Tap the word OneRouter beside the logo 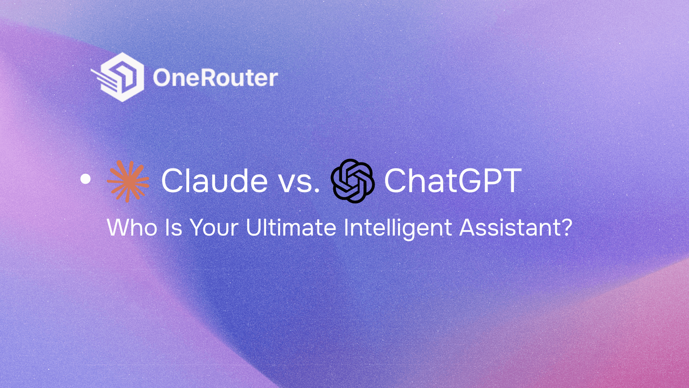coord(215,78)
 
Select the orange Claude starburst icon coord(128,181)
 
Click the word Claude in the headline coord(214,181)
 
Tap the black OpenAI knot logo coord(352,181)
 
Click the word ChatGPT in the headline coord(453,181)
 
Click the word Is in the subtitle coord(173,228)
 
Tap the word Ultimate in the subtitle coord(291,228)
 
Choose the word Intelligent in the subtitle coord(397,228)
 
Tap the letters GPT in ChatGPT coord(489,181)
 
